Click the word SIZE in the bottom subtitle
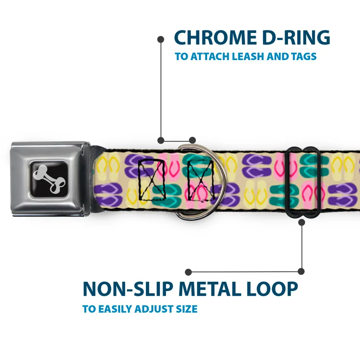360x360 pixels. [187, 309]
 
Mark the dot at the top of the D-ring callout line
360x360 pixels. [161, 39]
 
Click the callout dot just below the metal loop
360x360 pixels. [301, 222]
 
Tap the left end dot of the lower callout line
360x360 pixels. [189, 272]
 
